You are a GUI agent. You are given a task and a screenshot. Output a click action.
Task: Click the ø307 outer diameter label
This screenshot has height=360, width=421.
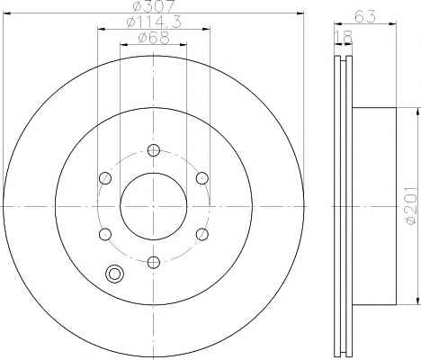[x=154, y=6]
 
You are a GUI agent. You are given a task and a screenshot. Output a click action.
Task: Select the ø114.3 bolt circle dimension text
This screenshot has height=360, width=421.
[x=154, y=22]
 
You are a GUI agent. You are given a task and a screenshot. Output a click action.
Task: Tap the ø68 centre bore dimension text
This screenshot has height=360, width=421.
[x=154, y=38]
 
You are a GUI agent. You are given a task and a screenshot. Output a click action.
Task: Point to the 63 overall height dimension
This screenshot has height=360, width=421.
[x=365, y=16]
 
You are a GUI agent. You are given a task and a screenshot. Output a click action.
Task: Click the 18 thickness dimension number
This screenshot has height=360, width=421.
[x=343, y=37]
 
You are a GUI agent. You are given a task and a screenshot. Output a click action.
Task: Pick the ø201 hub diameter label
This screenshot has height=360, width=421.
[x=411, y=205]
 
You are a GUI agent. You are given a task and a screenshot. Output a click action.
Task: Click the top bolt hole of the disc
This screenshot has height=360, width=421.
[x=154, y=150]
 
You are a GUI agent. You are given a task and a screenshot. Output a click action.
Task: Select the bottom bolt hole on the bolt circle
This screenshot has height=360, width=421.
[x=154, y=263]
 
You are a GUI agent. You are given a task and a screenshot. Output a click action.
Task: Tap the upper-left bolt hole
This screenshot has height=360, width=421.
[x=105, y=178]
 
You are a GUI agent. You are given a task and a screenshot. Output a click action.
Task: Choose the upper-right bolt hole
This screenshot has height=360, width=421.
[x=202, y=178]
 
